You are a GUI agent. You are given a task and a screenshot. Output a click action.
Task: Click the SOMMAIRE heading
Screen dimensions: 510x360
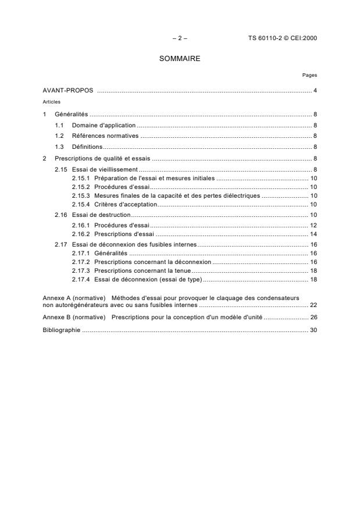(x=180, y=59)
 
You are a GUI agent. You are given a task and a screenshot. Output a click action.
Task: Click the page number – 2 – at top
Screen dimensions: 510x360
(x=180, y=38)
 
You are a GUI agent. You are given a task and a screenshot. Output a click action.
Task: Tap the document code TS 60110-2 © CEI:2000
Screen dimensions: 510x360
(x=283, y=38)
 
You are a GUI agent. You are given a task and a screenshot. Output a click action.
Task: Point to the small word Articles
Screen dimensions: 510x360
(x=51, y=101)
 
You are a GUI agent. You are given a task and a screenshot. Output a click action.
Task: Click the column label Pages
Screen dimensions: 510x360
(x=309, y=75)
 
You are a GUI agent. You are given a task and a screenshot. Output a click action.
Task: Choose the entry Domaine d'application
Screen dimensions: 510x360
(x=104, y=125)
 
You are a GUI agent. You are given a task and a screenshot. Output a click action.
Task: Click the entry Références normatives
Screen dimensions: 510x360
(x=105, y=135)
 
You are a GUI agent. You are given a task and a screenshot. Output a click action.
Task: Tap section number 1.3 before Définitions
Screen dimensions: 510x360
(x=59, y=147)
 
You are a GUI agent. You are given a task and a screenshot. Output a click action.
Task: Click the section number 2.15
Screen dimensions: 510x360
(x=60, y=169)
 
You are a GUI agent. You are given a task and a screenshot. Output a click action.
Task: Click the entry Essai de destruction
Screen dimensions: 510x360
(x=101, y=215)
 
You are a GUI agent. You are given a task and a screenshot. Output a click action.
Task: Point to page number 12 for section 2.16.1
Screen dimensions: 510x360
(x=313, y=225)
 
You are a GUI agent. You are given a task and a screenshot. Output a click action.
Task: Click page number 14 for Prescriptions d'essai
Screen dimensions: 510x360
(x=313, y=234)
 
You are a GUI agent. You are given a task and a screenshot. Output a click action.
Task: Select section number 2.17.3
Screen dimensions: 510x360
(x=81, y=271)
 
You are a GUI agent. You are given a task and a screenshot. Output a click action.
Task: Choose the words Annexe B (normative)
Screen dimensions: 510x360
(x=74, y=318)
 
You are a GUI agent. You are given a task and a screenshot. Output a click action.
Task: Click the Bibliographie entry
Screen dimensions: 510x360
(x=62, y=330)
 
